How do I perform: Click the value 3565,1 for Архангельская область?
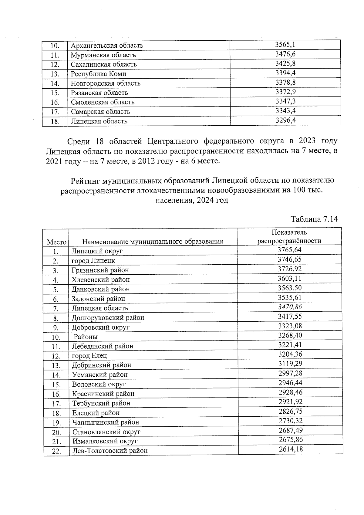285,45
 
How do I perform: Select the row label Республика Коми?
98,74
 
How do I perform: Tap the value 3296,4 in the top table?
285,120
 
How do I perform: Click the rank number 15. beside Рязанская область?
55,93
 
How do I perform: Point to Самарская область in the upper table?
100,112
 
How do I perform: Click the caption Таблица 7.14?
314,219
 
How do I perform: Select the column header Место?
56,242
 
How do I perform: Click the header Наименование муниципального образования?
153,242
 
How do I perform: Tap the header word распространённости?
289,241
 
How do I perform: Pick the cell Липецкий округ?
97,251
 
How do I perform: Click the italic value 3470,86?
290,307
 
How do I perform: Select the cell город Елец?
89,355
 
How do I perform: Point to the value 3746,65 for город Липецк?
289,259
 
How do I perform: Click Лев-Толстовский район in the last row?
110,450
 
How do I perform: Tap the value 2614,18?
291,449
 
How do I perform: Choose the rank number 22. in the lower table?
56,451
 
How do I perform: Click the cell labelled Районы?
86,337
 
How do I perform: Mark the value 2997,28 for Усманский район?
290,373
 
